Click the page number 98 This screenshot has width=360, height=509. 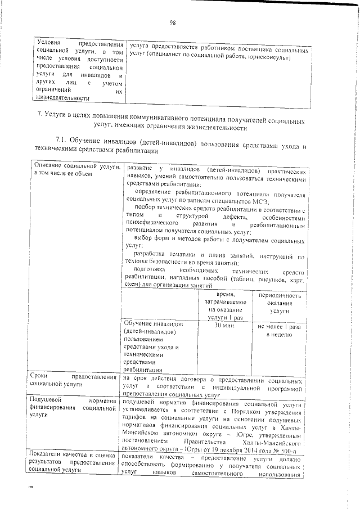173,22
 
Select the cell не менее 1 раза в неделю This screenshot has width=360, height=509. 279,330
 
